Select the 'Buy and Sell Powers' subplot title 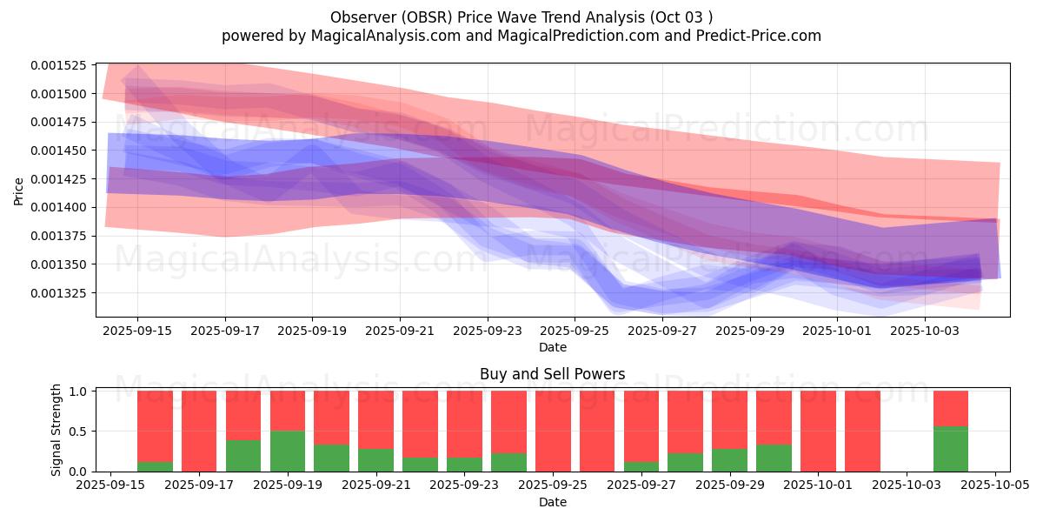click(x=552, y=374)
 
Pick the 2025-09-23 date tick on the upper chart click(x=487, y=331)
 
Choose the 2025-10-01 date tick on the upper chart click(x=837, y=331)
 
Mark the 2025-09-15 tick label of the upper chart click(x=137, y=331)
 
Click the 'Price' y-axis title click(x=19, y=191)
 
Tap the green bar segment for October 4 click(x=950, y=449)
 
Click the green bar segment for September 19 click(x=287, y=451)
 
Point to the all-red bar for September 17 click(x=199, y=431)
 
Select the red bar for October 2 click(x=862, y=431)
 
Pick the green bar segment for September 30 click(x=774, y=458)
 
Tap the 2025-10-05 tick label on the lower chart click(x=995, y=485)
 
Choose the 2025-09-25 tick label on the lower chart click(x=553, y=485)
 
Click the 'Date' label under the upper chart click(x=552, y=347)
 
